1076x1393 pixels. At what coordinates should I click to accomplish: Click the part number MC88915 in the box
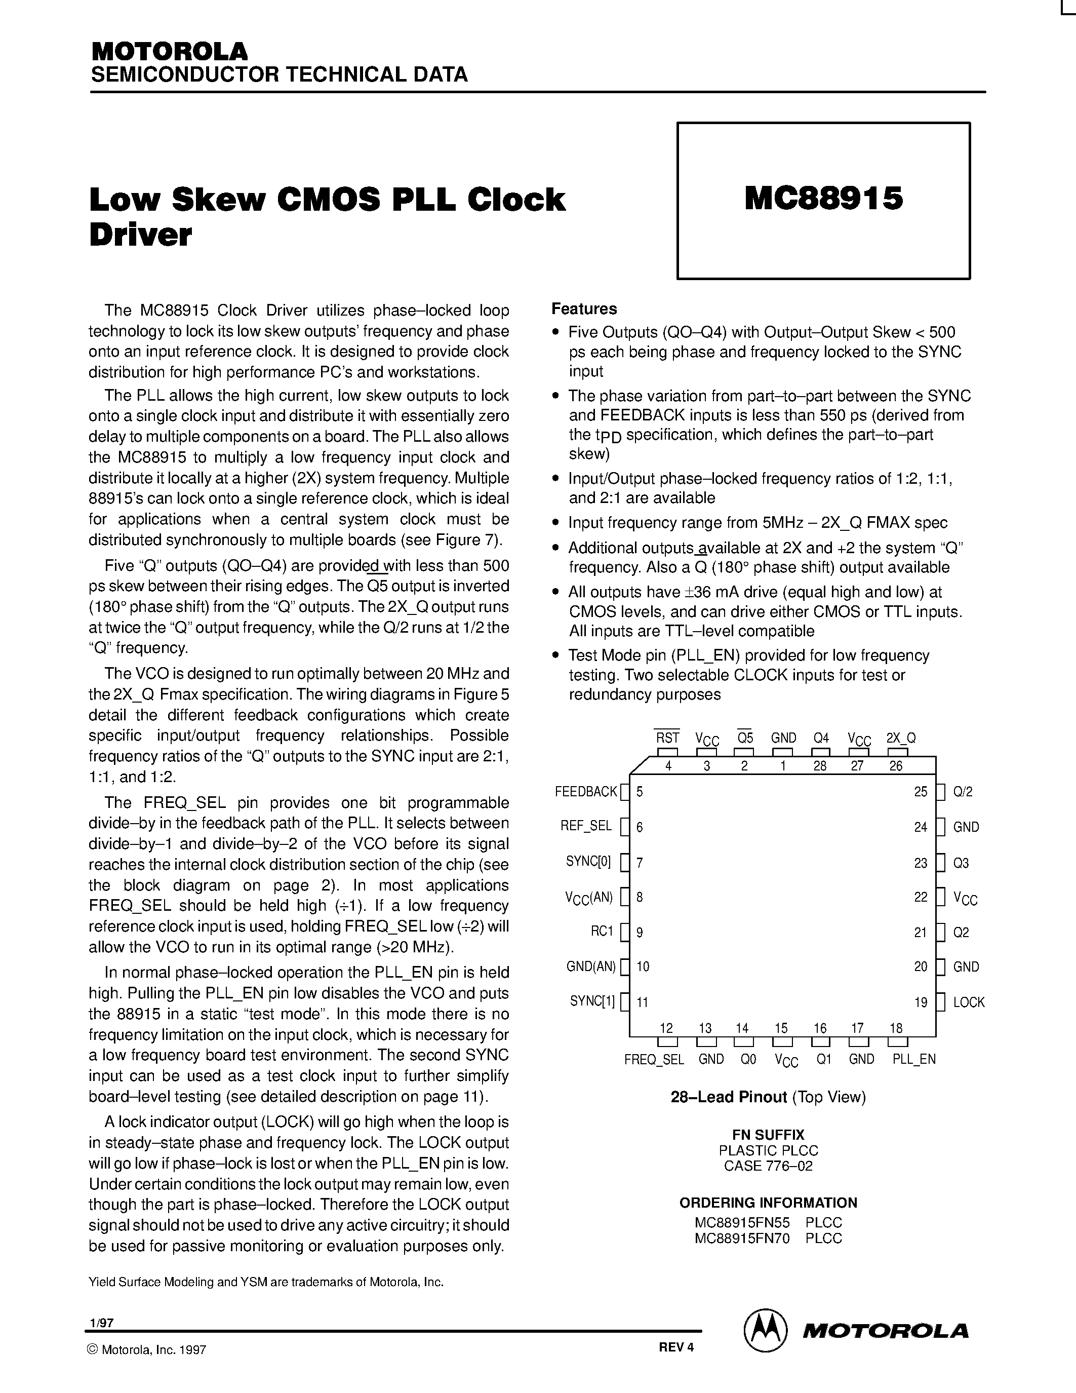pyautogui.click(x=823, y=199)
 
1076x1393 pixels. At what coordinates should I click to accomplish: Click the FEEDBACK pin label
pyautogui.click(x=586, y=792)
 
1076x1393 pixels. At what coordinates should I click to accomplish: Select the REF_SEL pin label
pyautogui.click(x=586, y=826)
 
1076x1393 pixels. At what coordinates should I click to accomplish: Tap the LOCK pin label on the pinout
pyautogui.click(x=968, y=1002)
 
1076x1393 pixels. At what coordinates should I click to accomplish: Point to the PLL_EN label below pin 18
pyautogui.click(x=913, y=1059)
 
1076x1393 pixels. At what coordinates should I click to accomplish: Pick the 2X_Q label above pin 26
pyautogui.click(x=901, y=738)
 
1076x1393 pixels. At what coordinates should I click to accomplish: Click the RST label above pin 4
pyautogui.click(x=667, y=738)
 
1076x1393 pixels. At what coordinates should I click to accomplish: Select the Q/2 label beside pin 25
pyautogui.click(x=963, y=792)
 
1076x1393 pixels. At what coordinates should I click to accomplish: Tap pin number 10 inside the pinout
pyautogui.click(x=643, y=967)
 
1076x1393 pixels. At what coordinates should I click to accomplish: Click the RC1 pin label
pyautogui.click(x=601, y=931)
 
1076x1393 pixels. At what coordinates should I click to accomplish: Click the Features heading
pyautogui.click(x=584, y=308)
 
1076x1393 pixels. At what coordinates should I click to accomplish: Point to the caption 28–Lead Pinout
pyautogui.click(x=729, y=1097)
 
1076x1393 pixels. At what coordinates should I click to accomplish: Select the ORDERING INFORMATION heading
pyautogui.click(x=768, y=1203)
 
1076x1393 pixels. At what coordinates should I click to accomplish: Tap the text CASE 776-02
pyautogui.click(x=768, y=1166)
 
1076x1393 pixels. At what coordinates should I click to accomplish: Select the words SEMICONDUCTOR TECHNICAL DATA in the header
pyautogui.click(x=279, y=74)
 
